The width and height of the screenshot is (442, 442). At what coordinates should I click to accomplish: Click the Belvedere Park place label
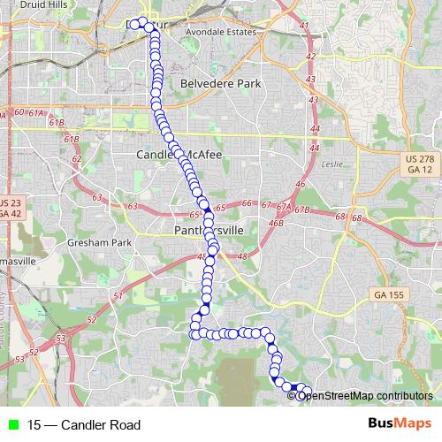221,83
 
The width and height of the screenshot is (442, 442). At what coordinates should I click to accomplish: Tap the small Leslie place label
331,164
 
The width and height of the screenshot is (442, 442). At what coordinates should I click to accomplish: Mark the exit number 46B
277,224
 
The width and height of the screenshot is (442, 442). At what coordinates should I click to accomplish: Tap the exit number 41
305,26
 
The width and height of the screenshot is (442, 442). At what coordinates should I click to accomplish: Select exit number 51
118,295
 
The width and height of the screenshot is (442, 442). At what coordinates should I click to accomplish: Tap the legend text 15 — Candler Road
83,425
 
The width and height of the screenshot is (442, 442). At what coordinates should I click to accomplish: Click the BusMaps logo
399,424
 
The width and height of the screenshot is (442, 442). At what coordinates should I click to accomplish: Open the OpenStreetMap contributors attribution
360,395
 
